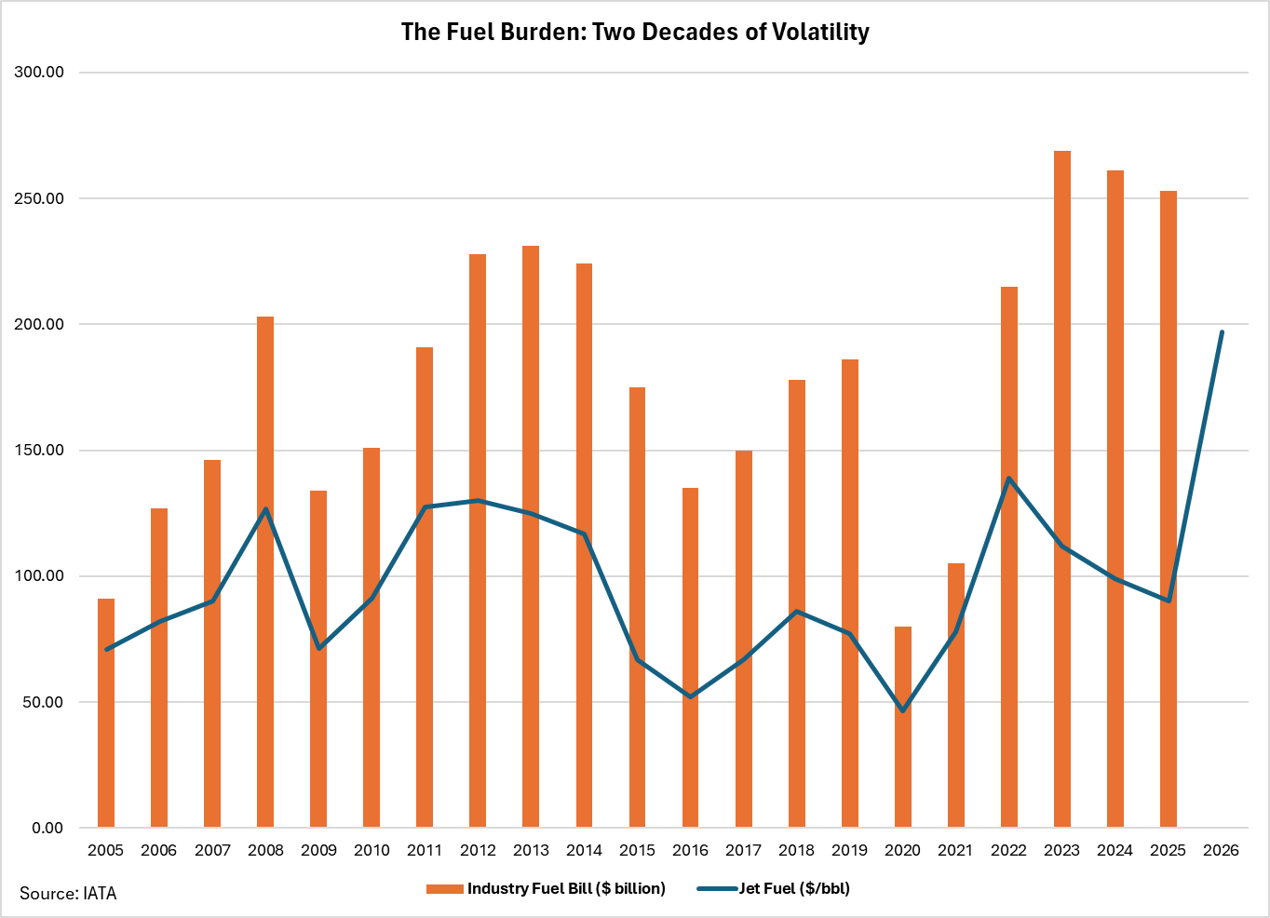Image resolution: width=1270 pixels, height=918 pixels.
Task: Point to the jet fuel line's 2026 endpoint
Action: click(1222, 332)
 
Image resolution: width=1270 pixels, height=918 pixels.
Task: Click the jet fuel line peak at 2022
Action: click(1008, 479)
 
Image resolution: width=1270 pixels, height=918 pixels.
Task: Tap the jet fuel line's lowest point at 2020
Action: click(902, 710)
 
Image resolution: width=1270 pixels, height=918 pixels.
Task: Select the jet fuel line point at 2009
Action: click(318, 648)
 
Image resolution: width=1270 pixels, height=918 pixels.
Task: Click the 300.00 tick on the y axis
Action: click(39, 73)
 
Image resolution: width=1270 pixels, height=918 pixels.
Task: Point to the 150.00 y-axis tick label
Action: click(39, 451)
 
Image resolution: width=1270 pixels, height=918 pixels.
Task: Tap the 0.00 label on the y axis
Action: click(47, 828)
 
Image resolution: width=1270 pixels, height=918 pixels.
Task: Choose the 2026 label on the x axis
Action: click(1221, 850)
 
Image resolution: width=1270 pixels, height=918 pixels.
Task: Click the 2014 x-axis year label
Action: click(584, 850)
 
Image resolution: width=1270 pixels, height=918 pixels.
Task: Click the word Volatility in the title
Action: click(818, 32)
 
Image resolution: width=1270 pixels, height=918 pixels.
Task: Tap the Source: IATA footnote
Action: click(68, 894)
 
